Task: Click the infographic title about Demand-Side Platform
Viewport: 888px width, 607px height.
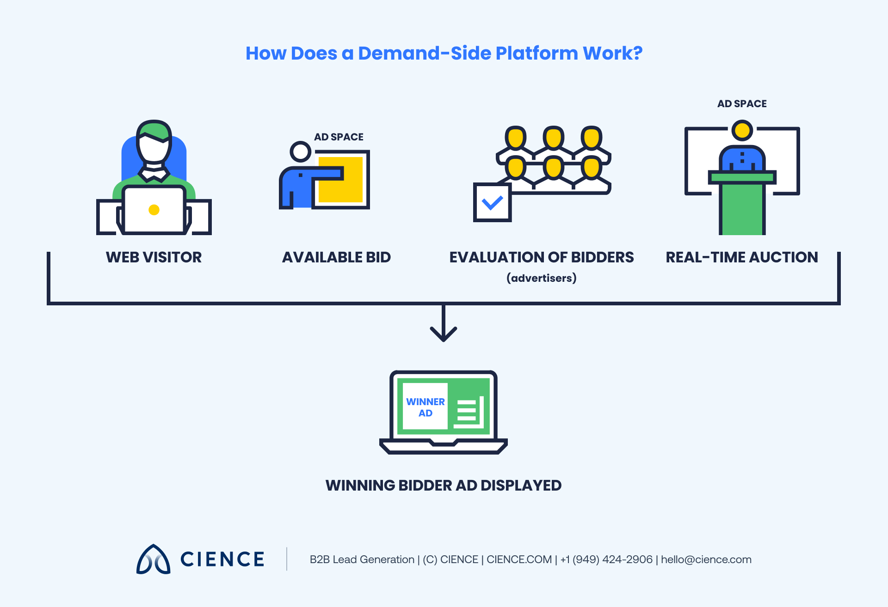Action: coord(444,53)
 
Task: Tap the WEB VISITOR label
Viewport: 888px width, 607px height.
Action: coord(154,257)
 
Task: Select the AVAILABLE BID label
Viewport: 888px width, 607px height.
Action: coord(336,257)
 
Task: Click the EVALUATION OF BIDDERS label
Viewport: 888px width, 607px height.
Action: coord(541,257)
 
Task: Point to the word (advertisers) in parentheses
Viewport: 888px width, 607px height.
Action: coord(541,278)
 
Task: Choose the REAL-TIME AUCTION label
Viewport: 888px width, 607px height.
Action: coord(741,257)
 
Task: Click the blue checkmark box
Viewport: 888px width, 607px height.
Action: coord(492,203)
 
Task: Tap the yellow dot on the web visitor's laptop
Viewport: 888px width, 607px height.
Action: coord(154,210)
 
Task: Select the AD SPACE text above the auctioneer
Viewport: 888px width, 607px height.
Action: coord(741,104)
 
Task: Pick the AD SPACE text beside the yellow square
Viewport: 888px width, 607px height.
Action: coord(339,137)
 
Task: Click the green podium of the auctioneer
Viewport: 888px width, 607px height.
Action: coord(742,206)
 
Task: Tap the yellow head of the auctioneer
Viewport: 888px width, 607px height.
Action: coord(742,130)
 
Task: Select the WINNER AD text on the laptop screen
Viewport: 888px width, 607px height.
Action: coord(425,407)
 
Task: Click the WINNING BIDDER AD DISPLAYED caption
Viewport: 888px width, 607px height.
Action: coord(444,486)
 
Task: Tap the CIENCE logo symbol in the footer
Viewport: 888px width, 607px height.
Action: coord(153,559)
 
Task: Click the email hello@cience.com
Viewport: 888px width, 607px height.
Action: coord(706,559)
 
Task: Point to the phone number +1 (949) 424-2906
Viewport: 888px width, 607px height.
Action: coord(606,559)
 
